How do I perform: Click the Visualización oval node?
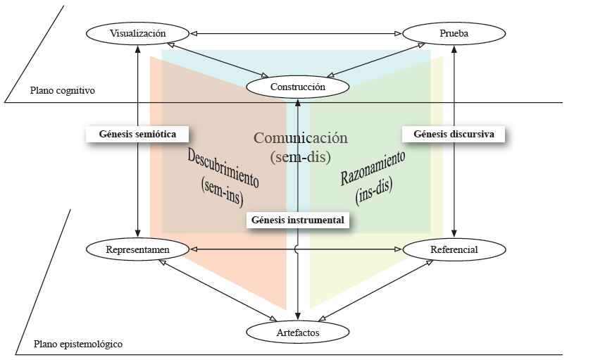138,33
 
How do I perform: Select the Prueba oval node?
454,33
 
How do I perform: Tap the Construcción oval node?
298,87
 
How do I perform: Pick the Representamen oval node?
138,249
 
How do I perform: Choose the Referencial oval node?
454,249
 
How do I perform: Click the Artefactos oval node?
298,330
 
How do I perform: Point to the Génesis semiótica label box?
138,133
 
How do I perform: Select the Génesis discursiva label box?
454,133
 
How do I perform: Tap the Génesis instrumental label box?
299,221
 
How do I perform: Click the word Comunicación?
301,138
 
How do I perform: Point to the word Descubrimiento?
223,168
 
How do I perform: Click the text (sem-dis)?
301,155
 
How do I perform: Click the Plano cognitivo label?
63,91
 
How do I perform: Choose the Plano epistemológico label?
78,345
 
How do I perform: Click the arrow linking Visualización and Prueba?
296,33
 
